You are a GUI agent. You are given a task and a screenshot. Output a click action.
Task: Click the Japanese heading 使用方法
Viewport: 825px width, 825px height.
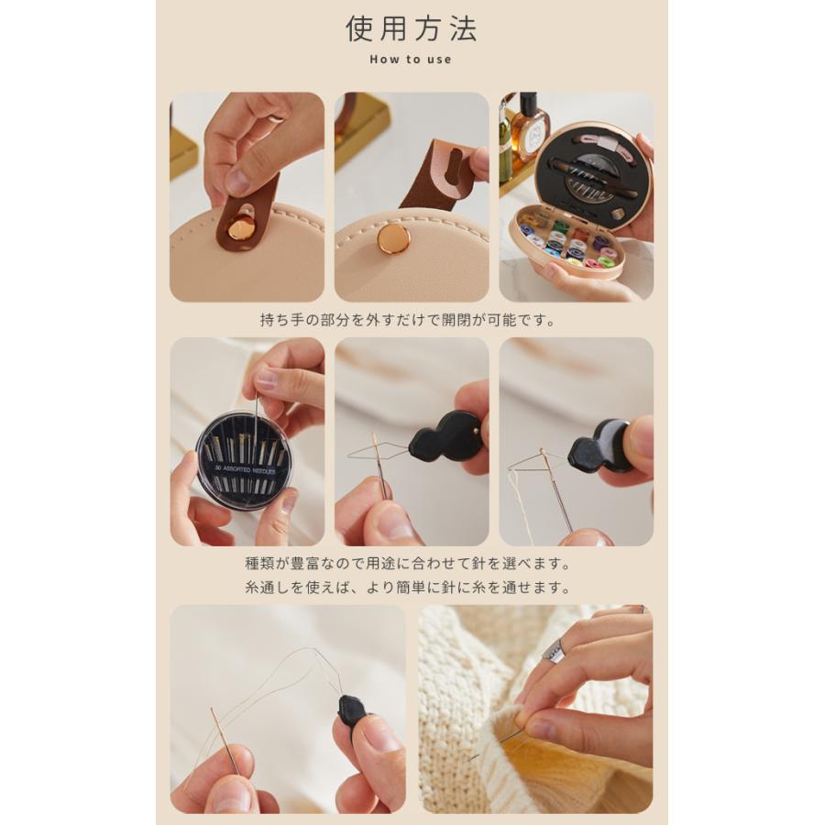pos(412,28)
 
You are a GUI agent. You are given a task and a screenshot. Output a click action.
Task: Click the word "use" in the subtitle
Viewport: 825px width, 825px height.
pos(439,60)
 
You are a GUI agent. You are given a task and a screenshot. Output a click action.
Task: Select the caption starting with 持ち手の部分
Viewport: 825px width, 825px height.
pos(408,320)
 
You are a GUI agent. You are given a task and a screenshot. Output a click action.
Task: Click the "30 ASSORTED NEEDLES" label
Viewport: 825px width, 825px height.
pos(244,469)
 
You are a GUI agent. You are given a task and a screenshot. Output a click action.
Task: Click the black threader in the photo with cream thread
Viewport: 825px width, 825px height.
pos(603,447)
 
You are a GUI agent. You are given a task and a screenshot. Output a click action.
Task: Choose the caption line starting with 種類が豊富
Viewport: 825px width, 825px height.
pos(408,564)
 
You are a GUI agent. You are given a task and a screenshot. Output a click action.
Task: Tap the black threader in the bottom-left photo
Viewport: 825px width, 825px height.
pos(351,711)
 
